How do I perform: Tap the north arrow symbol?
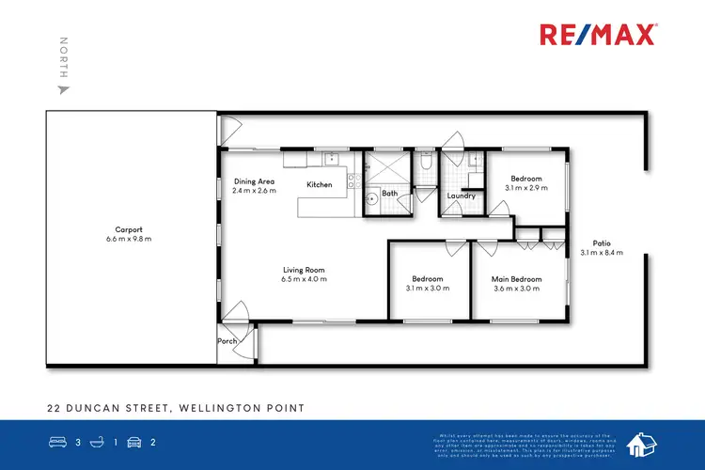(x=64, y=90)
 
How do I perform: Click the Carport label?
(x=129, y=229)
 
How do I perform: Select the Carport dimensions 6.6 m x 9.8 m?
(x=129, y=239)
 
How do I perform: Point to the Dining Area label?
(x=254, y=181)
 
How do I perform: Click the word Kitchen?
(x=320, y=185)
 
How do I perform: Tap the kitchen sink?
(x=331, y=159)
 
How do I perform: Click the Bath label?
(x=390, y=194)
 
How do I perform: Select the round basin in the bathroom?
(x=372, y=198)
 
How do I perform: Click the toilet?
(x=426, y=163)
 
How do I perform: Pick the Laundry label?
(x=461, y=196)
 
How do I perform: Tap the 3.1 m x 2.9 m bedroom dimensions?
(x=525, y=188)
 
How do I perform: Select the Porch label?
(x=227, y=341)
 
